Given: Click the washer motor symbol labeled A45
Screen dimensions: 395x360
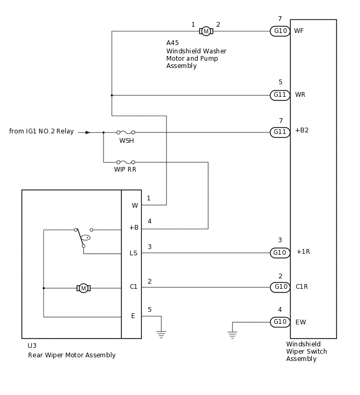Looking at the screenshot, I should (206, 31).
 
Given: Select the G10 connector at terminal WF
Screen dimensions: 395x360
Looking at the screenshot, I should (280, 31).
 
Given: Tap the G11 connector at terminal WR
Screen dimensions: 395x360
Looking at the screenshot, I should (280, 95).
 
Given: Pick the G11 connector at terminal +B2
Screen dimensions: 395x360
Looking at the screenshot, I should (280, 132).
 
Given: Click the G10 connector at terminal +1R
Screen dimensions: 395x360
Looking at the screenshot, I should (280, 253).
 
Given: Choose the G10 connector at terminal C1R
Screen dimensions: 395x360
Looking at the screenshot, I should (280, 287).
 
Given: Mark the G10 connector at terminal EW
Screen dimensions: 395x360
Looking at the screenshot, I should (280, 322).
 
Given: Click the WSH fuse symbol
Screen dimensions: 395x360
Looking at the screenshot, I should (126, 132).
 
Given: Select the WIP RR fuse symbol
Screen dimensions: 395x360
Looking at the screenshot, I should (126, 162).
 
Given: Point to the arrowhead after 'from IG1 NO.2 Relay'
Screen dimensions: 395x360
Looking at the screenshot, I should (88, 132).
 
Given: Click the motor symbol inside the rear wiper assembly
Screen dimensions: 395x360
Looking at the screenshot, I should (83, 288).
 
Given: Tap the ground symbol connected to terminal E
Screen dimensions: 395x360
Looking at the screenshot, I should (161, 333).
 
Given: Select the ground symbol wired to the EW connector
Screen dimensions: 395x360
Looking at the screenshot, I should (232, 334).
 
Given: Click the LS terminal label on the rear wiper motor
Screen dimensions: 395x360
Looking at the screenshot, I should (133, 253).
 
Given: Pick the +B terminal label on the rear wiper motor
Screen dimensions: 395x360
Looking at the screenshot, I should (133, 228).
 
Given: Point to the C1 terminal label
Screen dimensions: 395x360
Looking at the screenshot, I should (133, 287).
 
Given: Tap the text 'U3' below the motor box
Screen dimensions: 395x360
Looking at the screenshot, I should (32, 346).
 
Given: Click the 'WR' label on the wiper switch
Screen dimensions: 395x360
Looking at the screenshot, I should (300, 95).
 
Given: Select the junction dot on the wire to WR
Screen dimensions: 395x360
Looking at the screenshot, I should (111, 95).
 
